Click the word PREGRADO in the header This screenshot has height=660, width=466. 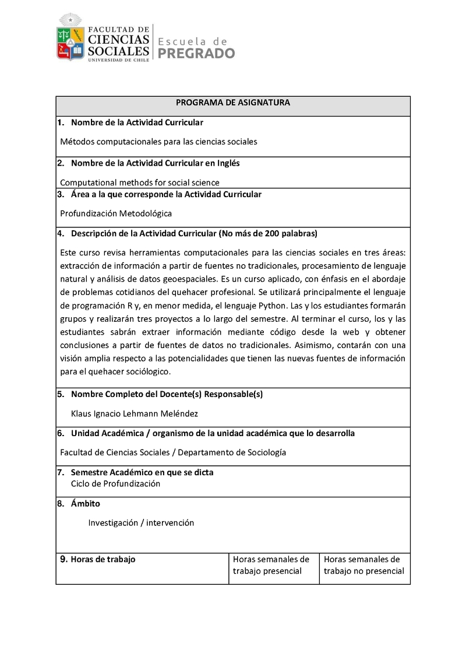(x=197, y=54)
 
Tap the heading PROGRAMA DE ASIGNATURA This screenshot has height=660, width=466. (x=233, y=103)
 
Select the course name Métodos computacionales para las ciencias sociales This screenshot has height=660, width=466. (x=158, y=141)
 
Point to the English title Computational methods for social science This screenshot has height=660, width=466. (x=140, y=182)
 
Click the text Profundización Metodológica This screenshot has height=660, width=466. (x=116, y=213)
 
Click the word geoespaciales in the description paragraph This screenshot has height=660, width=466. (x=173, y=278)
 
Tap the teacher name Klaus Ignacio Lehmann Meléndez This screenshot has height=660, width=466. (x=135, y=413)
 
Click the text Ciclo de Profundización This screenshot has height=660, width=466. (x=115, y=483)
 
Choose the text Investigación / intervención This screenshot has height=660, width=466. (x=141, y=523)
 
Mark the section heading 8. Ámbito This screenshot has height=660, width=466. (x=79, y=504)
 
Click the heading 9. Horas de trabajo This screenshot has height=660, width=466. (x=98, y=560)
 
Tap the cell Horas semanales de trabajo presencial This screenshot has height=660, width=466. (x=271, y=565)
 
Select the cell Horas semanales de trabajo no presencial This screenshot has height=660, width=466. (x=363, y=565)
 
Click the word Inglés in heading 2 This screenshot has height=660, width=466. (x=227, y=163)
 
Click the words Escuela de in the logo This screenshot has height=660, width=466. (x=192, y=41)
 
